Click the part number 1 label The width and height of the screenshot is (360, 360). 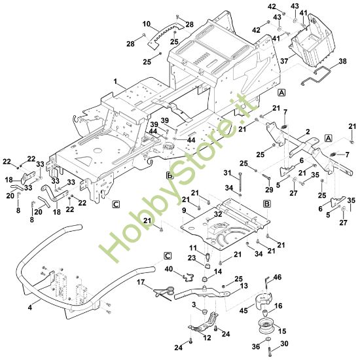115,81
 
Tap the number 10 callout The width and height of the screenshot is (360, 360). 147,24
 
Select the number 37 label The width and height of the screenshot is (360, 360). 284,61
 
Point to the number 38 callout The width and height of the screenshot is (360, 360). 342,62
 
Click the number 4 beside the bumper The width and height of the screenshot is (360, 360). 30,307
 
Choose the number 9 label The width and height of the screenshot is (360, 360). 184,210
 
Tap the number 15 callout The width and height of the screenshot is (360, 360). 282,331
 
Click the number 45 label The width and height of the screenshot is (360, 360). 243,310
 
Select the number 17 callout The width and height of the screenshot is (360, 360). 141,282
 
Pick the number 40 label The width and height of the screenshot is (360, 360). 169,268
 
